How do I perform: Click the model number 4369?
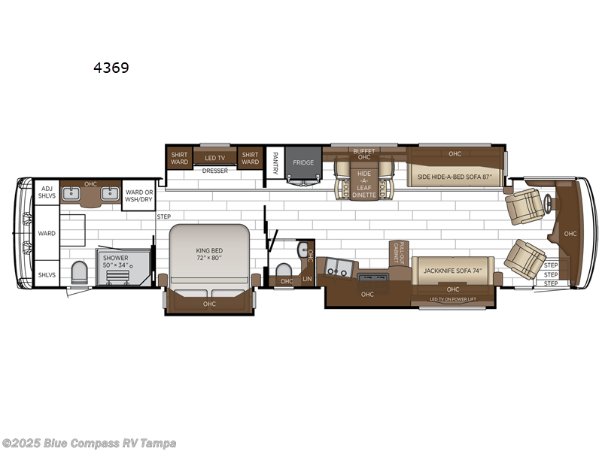pyautogui.click(x=111, y=68)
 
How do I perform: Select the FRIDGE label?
pyautogui.click(x=303, y=162)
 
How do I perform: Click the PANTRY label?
pyautogui.click(x=275, y=164)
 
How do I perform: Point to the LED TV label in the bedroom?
pyautogui.click(x=210, y=158)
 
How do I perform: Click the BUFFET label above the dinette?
pyautogui.click(x=363, y=150)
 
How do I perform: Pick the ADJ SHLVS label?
pyautogui.click(x=47, y=192)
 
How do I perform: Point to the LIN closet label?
pyautogui.click(x=306, y=280)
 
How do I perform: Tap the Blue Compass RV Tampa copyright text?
pyautogui.click(x=89, y=443)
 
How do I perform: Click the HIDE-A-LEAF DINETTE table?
pyautogui.click(x=363, y=180)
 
